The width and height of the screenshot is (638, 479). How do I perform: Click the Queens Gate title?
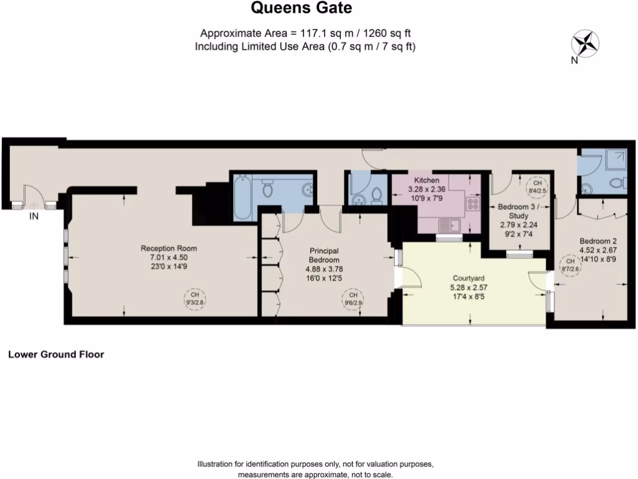(x=301, y=8)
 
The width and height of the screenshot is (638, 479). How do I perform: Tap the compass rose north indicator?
(x=585, y=44)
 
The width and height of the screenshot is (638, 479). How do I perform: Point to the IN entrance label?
(x=34, y=216)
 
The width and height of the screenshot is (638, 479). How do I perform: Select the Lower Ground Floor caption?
(x=55, y=354)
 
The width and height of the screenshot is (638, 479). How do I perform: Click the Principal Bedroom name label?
(x=325, y=255)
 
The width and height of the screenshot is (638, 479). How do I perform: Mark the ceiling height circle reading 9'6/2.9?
(x=353, y=298)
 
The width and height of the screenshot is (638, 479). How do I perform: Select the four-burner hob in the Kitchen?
(x=473, y=203)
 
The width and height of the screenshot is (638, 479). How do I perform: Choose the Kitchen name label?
(x=427, y=180)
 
